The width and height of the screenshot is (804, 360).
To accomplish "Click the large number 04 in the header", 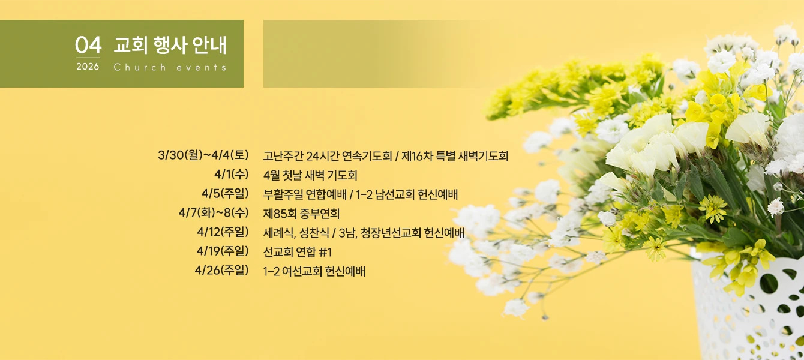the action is tap(88, 45).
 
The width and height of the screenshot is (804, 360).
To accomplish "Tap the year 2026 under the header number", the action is tap(88, 67).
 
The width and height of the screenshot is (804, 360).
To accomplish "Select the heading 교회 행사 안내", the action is tap(170, 45).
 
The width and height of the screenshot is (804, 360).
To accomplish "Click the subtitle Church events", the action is tap(170, 67).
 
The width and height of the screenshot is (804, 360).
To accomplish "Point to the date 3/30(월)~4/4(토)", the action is tap(203, 155).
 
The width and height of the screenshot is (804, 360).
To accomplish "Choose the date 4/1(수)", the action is tap(232, 175).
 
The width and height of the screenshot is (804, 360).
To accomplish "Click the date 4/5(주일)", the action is tap(225, 193).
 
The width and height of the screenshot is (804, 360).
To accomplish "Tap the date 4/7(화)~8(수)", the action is tap(214, 213).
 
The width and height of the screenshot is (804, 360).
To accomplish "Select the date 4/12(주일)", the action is tap(223, 232).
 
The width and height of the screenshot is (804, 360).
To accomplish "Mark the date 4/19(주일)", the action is tap(223, 251).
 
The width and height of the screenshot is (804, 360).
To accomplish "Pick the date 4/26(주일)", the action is tap(221, 270).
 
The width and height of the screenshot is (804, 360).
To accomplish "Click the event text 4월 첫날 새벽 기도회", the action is tap(310, 175).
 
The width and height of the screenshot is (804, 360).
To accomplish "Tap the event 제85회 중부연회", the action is tap(301, 214).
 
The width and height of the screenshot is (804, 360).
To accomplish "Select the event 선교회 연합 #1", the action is tap(297, 252).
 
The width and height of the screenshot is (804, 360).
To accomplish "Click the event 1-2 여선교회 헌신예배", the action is tap(314, 271).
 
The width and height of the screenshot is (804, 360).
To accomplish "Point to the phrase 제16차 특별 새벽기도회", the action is tap(455, 156).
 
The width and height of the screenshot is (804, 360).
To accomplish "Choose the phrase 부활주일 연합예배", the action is tap(305, 194).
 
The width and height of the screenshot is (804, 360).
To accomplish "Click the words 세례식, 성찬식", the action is tap(296, 233).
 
